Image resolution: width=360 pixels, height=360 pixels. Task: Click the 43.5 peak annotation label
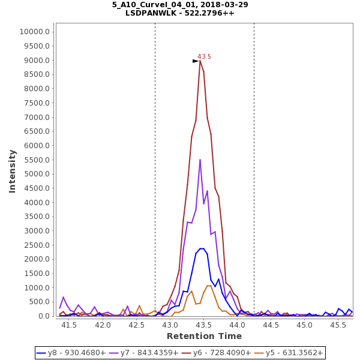point(205,56)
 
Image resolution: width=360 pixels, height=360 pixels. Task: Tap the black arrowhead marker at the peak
point(196,61)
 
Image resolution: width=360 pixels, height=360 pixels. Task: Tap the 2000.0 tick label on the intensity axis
point(35,259)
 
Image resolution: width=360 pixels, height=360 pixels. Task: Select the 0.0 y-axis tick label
point(42,316)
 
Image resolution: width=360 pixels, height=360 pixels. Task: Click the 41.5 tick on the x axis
point(70,325)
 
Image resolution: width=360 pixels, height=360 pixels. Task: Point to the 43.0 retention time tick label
point(170,325)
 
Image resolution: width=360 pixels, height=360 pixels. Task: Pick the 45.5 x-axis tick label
point(338,325)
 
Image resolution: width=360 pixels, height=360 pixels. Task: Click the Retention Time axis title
point(204,336)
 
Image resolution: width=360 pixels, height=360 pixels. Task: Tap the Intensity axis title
point(12,171)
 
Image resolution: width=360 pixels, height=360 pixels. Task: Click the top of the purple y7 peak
point(200,160)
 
